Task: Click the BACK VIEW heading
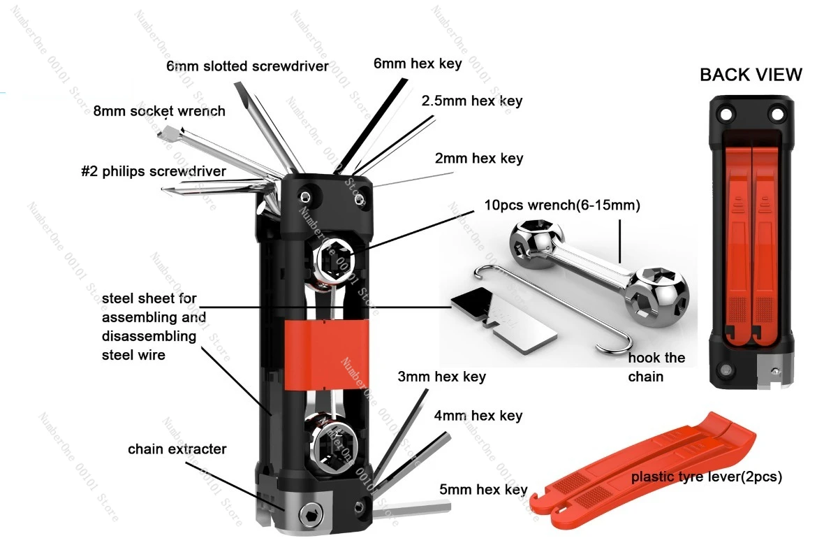click(x=751, y=75)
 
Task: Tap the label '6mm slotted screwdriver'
click(x=247, y=66)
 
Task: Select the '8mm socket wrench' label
click(x=159, y=111)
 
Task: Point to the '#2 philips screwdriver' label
click(x=154, y=171)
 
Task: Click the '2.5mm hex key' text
click(x=472, y=101)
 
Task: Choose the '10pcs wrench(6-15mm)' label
click(x=561, y=205)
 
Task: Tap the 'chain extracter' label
click(x=177, y=449)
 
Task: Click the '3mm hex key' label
click(x=441, y=377)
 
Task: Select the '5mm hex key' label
click(x=483, y=490)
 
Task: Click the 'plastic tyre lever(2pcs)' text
click(x=706, y=477)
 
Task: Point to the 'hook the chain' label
click(x=656, y=367)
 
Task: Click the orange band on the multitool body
click(x=326, y=354)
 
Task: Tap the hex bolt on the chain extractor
click(x=311, y=514)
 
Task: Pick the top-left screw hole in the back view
click(x=726, y=114)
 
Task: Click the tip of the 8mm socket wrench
click(x=165, y=133)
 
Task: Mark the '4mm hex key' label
click(x=478, y=416)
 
